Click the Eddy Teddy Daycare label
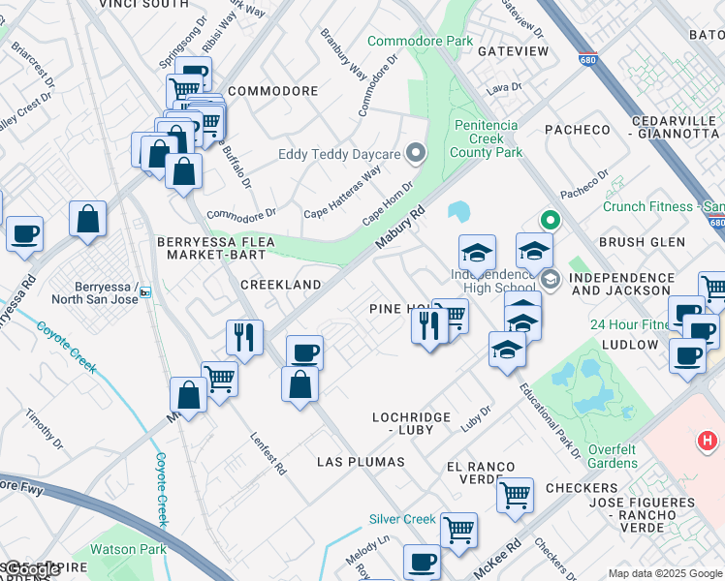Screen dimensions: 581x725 [339, 155]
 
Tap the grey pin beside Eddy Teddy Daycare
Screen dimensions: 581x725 [417, 154]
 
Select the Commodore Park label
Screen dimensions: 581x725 [421, 41]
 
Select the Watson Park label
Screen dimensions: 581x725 [121, 549]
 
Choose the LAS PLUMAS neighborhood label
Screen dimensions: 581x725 [361, 462]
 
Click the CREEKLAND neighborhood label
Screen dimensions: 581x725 [280, 285]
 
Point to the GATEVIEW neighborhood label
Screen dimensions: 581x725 [513, 50]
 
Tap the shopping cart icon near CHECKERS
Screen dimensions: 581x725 [516, 495]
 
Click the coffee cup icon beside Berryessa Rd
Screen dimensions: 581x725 [24, 233]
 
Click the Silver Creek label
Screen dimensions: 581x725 [402, 519]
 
